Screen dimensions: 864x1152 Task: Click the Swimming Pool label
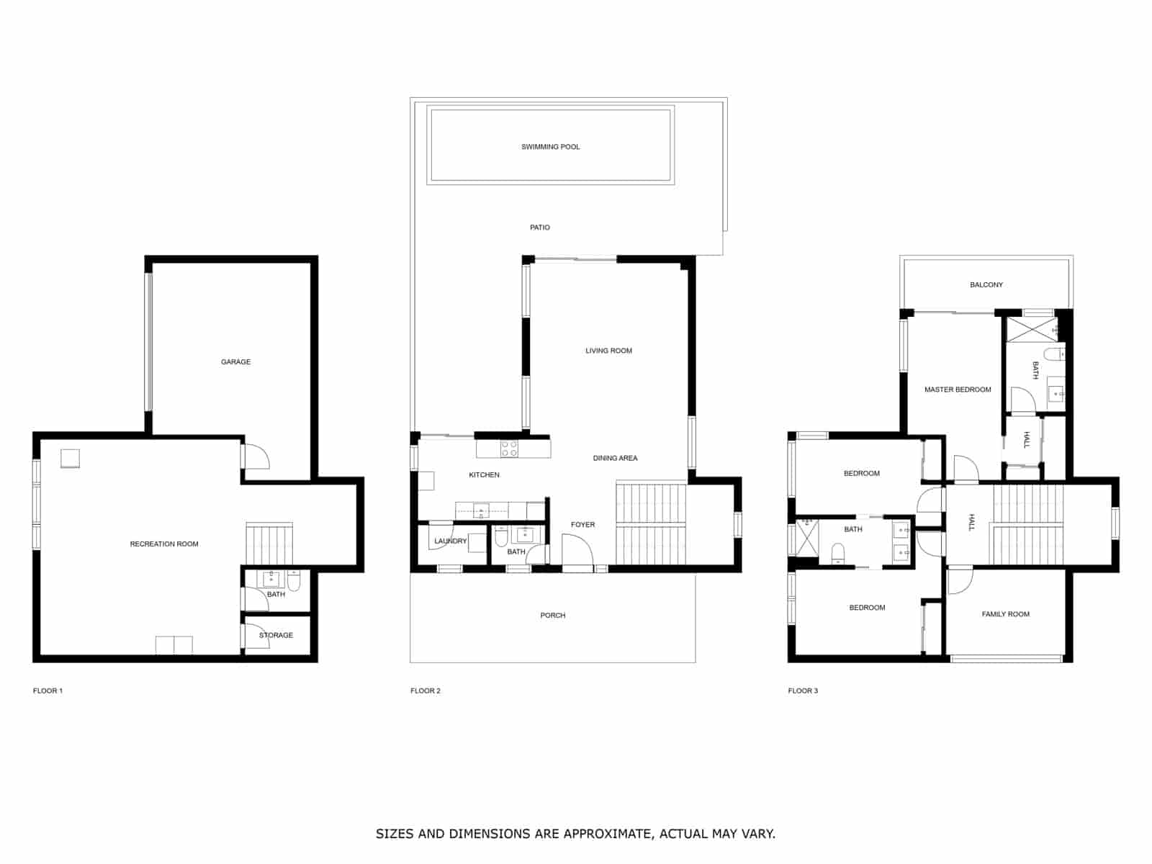click(x=550, y=147)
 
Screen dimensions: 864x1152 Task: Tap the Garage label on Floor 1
click(x=235, y=362)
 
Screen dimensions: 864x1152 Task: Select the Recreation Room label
click(x=164, y=544)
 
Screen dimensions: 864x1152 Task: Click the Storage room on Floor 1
click(x=276, y=635)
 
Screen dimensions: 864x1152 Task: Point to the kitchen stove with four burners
click(x=509, y=449)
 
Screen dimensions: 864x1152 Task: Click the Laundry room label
click(x=450, y=541)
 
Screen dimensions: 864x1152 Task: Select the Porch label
click(x=553, y=616)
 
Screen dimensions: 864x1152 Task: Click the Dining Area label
click(x=615, y=459)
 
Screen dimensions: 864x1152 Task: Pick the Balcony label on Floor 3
click(x=986, y=285)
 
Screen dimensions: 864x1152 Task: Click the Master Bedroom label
click(x=958, y=390)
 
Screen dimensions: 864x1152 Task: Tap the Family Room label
click(x=1005, y=614)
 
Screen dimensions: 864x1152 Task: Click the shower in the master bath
click(x=1031, y=330)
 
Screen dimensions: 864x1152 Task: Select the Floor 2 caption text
click(x=426, y=691)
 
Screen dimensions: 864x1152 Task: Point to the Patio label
click(x=539, y=228)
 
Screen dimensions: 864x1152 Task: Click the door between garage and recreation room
click(x=254, y=456)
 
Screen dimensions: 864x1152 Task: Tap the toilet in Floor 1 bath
click(x=294, y=580)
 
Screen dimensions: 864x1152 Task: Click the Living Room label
click(x=608, y=351)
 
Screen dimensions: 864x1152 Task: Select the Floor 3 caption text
click(x=803, y=691)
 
